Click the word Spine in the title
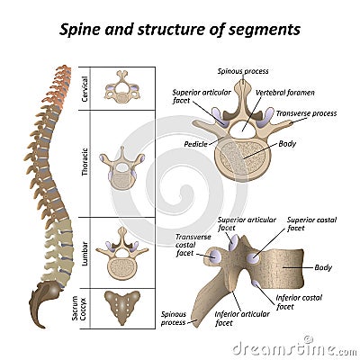pos(83,29)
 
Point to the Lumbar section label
pos(85,249)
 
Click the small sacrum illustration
pos(122,307)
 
